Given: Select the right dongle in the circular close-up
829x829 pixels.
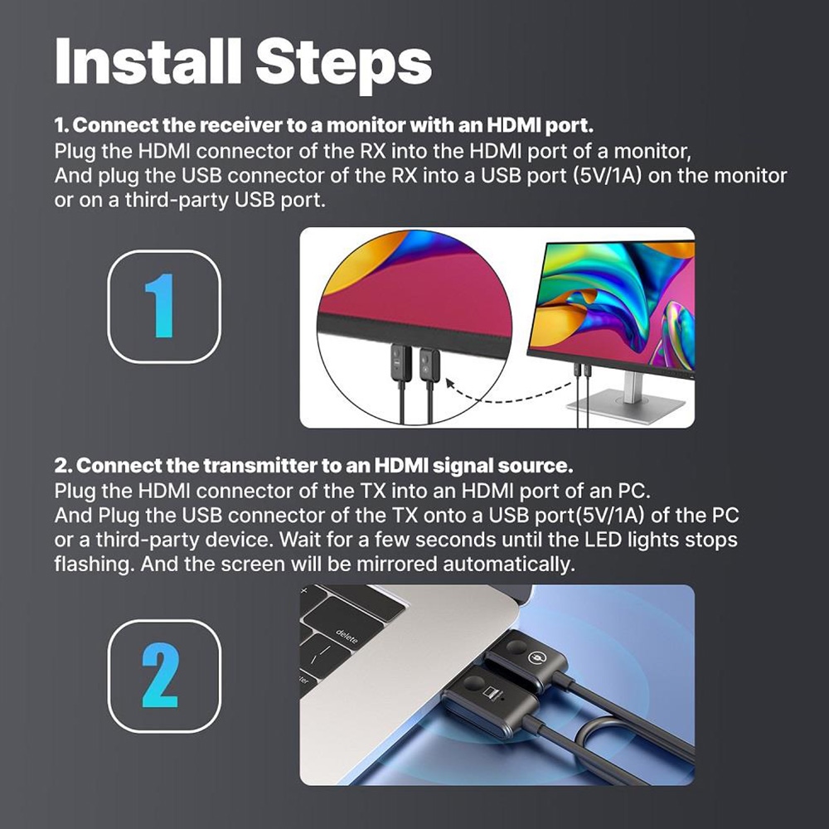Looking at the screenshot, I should tap(428, 364).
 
